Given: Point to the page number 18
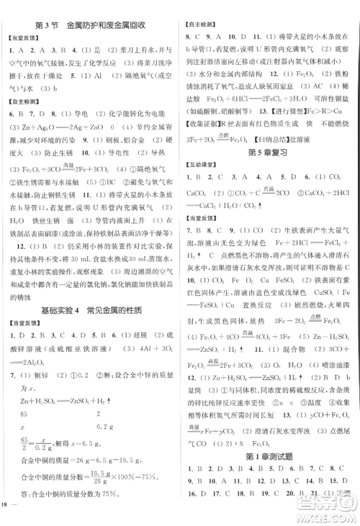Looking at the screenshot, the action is point(8,515).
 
